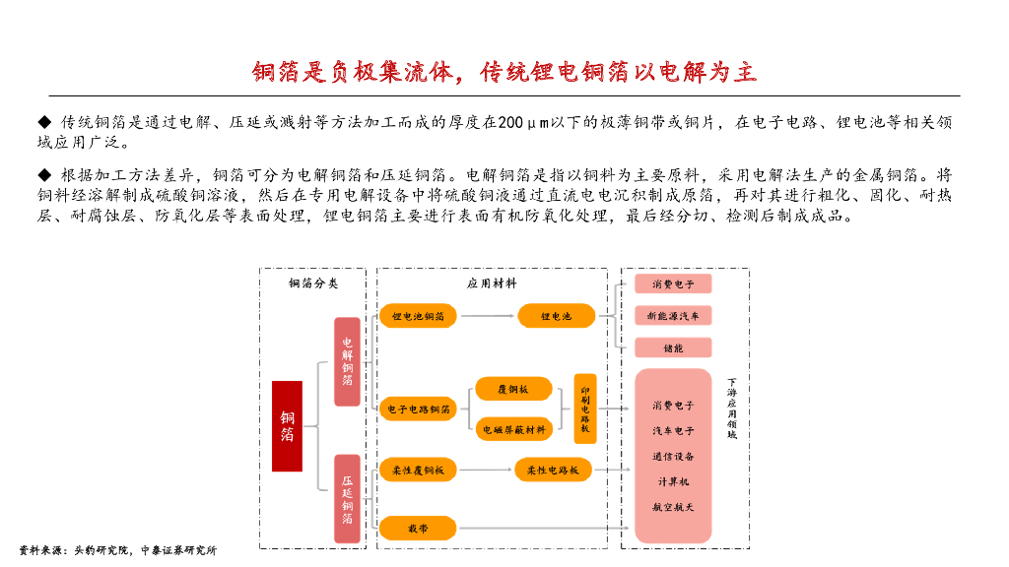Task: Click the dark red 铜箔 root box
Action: point(287,425)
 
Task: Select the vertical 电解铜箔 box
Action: point(347,361)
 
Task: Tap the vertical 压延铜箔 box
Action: point(347,498)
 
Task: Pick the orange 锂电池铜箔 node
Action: point(418,316)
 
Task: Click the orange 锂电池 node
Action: point(557,316)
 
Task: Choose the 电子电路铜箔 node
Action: point(418,409)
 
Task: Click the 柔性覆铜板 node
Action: point(418,471)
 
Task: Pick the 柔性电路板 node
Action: point(553,471)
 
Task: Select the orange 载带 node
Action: point(418,529)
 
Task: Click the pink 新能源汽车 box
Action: point(673,316)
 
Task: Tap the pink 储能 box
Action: point(673,347)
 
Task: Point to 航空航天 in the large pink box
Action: point(673,507)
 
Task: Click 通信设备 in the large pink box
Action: point(673,456)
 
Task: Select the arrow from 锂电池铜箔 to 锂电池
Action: point(487,316)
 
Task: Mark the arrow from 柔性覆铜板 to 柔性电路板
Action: point(486,471)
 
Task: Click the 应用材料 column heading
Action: point(492,283)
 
